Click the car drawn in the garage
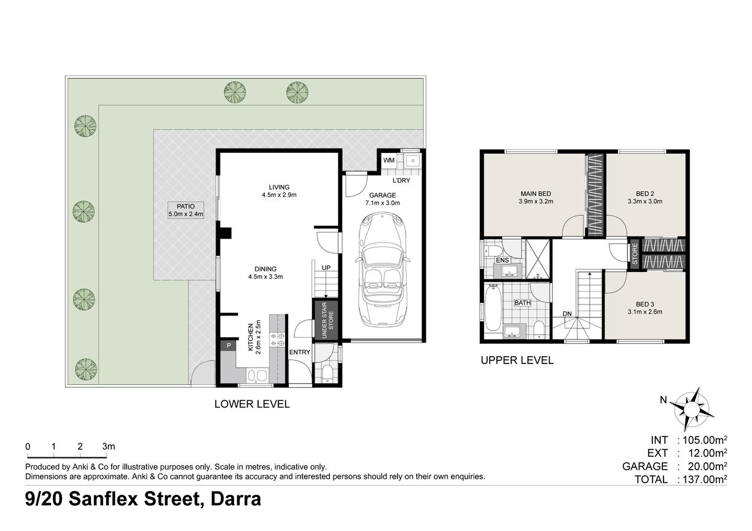(x=382, y=269)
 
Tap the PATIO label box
(x=186, y=211)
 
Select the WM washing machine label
(x=389, y=160)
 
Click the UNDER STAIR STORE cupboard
(x=327, y=320)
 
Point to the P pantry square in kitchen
(x=229, y=345)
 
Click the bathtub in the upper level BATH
(x=493, y=308)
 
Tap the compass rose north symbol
(x=691, y=409)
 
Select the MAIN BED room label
(x=536, y=193)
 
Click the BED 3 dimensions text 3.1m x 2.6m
(x=645, y=312)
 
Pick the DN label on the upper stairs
(x=567, y=314)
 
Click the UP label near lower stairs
(x=326, y=268)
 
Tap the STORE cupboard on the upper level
(x=635, y=254)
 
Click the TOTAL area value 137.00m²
(x=705, y=479)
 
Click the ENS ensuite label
(x=502, y=260)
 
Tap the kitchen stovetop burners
(x=277, y=339)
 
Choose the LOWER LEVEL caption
(x=252, y=404)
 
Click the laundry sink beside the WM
(x=412, y=161)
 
